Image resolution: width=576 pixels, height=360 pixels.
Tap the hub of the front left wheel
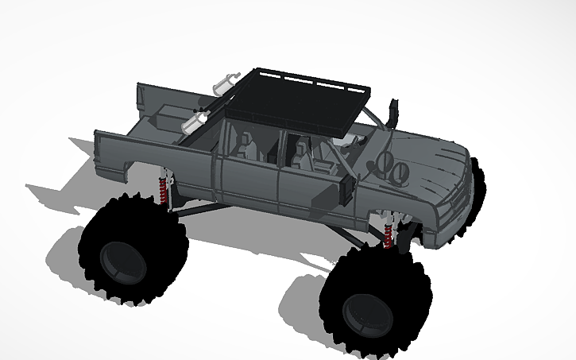[x=365, y=310]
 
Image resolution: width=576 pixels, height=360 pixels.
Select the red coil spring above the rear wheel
[x=164, y=191]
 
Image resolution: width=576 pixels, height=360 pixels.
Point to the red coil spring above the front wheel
[x=388, y=236]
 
